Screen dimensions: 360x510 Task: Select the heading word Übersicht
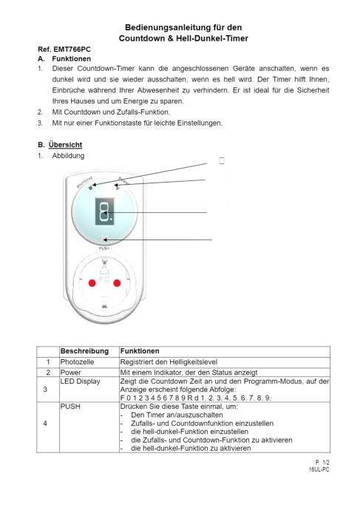click(65, 145)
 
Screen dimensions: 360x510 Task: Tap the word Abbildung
click(68, 156)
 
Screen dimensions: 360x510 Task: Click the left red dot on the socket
click(92, 283)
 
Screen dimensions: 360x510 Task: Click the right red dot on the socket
click(117, 283)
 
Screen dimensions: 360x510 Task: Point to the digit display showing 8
click(105, 211)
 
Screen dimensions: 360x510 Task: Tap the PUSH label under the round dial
click(103, 248)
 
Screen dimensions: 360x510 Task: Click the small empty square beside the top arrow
click(222, 160)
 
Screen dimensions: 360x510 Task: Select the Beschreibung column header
click(84, 351)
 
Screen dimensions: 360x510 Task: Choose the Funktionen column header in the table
click(140, 351)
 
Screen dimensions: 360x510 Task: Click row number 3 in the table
click(45, 390)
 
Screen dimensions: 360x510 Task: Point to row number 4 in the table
click(45, 424)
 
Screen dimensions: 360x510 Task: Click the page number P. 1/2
click(322, 462)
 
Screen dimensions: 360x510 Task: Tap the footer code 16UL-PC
click(319, 469)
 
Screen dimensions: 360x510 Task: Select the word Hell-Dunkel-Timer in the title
click(212, 38)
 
